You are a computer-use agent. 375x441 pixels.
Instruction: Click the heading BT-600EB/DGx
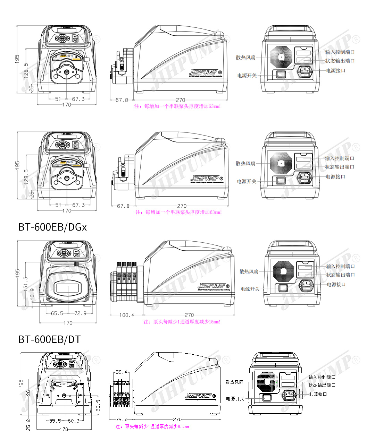[52, 227]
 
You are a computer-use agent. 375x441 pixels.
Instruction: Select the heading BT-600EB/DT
[49, 339]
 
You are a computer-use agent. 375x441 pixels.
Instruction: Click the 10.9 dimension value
[32, 293]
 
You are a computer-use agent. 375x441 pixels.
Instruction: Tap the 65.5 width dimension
[57, 313]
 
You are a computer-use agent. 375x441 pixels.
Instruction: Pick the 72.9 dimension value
[80, 313]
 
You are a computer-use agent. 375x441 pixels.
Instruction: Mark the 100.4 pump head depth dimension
[126, 315]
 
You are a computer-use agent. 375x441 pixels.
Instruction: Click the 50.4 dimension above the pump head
[121, 372]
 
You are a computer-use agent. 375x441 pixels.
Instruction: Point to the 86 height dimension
[28, 394]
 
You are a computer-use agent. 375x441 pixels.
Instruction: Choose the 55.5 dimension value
[55, 421]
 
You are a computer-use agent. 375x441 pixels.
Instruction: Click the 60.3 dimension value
[73, 421]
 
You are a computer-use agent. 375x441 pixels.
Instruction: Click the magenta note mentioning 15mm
[182, 322]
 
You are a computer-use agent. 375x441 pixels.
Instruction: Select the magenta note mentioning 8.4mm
[153, 426]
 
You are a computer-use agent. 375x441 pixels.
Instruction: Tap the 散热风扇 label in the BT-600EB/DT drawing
[234, 382]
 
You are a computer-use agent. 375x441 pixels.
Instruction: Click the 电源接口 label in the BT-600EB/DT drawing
[318, 394]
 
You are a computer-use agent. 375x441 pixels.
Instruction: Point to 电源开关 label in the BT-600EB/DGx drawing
[250, 289]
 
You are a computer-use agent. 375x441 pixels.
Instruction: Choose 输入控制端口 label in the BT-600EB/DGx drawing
[340, 266]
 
